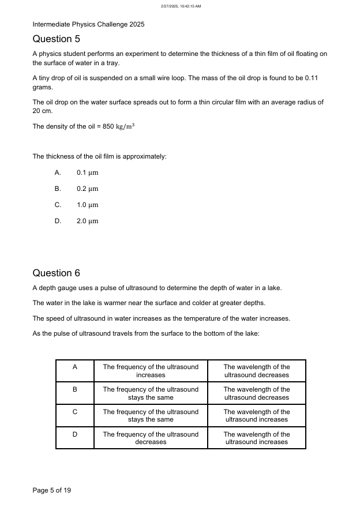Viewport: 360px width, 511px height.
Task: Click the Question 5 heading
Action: click(56, 39)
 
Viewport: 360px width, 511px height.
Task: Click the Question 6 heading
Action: click(56, 273)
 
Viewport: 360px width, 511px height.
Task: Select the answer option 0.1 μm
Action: click(87, 172)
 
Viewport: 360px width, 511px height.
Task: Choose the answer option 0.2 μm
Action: click(87, 189)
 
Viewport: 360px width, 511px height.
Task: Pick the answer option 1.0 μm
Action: click(87, 205)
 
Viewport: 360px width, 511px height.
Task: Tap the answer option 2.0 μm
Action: click(87, 221)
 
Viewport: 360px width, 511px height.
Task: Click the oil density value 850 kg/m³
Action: click(119, 126)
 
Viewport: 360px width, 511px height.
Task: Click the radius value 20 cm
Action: click(40, 110)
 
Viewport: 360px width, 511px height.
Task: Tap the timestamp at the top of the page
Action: click(180, 6)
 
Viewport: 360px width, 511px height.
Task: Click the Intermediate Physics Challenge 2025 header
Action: click(88, 24)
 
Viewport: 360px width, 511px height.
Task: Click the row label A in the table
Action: click(75, 367)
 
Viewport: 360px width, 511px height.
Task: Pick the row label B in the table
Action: click(75, 389)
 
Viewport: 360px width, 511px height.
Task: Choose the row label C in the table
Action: click(75, 412)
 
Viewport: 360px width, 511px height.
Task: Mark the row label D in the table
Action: click(75, 434)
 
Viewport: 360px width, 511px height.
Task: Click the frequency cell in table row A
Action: click(151, 371)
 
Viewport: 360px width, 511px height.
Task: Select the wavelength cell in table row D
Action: click(257, 438)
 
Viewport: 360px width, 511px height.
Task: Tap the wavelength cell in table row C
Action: click(257, 416)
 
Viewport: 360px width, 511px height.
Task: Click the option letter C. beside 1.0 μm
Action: click(58, 205)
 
